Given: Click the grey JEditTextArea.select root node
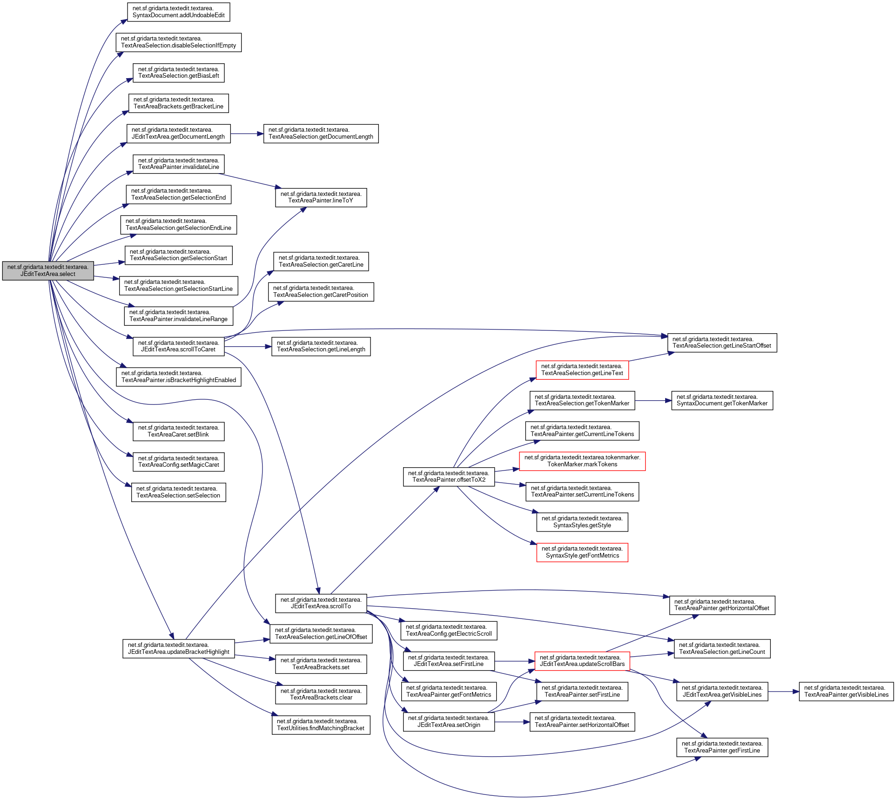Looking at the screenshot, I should coord(48,271).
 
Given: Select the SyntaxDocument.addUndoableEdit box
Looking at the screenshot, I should coord(178,12).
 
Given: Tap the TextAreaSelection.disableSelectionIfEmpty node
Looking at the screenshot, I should coord(178,42).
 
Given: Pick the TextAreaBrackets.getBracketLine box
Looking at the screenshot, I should coord(178,103).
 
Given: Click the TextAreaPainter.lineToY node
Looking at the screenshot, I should coord(321,197).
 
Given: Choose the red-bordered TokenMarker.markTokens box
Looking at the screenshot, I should coord(582,461).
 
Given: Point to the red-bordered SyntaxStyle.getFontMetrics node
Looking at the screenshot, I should coord(582,552).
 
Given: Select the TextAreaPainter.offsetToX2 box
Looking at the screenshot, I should coord(449,477).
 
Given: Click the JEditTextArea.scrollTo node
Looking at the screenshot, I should coord(321,603).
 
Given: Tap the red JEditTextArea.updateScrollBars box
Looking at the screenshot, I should coord(582,661).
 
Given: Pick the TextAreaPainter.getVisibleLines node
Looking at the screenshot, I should coord(846,692).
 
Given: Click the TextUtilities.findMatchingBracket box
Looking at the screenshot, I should coord(321,725).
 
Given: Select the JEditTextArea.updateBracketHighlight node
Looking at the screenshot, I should coord(178,649).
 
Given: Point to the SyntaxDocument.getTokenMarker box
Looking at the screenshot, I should coord(722,400).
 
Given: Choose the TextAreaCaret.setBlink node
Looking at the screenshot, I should coord(178,431).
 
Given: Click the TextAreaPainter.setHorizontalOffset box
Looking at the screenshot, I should coord(582,722).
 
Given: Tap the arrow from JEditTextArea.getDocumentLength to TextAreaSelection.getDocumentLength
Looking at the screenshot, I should coord(247,134).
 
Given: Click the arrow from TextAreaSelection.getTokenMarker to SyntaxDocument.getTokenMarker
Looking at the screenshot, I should coord(653,401).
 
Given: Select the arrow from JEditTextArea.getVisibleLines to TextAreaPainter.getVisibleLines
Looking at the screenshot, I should coord(783,692).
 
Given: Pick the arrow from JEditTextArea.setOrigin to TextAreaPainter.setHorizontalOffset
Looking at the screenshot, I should coord(512,722).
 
